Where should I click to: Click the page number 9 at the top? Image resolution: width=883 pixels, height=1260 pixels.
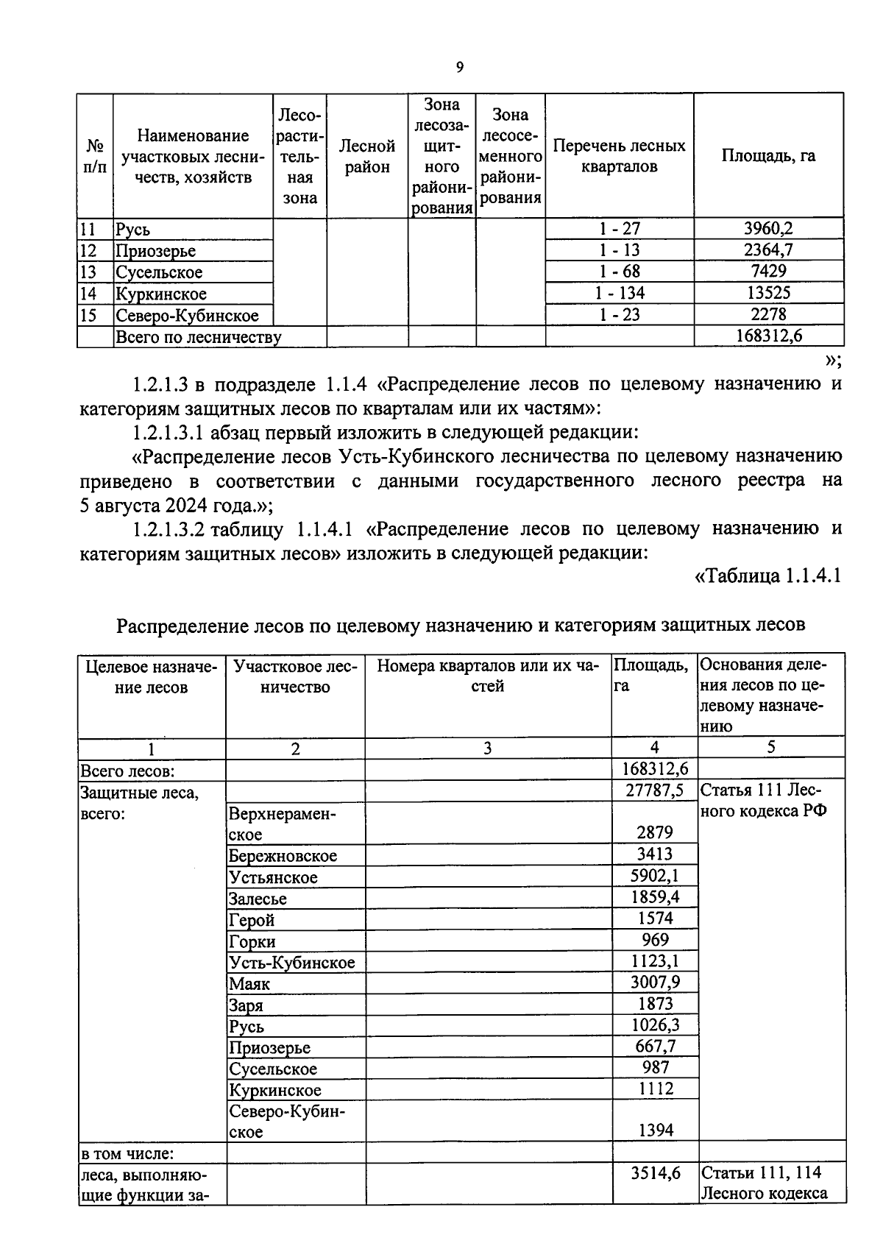coord(460,68)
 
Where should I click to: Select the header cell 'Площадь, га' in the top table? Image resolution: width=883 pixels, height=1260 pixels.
coord(767,156)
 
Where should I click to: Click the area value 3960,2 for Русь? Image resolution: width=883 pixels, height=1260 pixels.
coord(767,229)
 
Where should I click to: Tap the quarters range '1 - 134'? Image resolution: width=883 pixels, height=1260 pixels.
coord(619,293)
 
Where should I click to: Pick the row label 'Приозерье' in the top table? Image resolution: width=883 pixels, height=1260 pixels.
coord(155,251)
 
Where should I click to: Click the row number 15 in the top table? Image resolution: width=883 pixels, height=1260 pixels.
coord(88,316)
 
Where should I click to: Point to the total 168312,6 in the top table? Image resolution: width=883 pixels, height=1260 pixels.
coord(768,336)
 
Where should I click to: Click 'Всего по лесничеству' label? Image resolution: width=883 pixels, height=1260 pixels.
coord(198,338)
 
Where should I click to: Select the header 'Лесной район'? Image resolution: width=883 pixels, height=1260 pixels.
coord(366,157)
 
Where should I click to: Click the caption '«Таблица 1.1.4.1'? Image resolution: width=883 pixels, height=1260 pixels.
coord(767,576)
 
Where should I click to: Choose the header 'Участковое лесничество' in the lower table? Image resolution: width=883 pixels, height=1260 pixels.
coord(295,676)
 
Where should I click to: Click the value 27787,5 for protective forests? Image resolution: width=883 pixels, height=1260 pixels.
coord(653,790)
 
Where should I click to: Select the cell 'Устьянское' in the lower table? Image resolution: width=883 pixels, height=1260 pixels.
coord(273,877)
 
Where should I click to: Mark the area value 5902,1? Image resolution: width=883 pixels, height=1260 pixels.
coord(653,876)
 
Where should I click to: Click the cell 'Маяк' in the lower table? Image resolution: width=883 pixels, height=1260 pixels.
coord(249,984)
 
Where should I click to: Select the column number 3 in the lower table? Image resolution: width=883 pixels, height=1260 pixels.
coord(487,748)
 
